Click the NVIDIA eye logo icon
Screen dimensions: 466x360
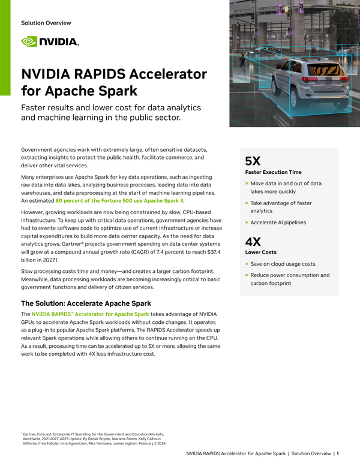tap(29, 42)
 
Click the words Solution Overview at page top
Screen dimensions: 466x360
tap(46, 23)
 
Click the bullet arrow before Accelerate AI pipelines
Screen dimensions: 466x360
tap(247, 223)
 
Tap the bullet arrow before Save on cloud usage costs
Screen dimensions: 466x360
tap(247, 264)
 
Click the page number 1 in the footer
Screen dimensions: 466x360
tap(338, 453)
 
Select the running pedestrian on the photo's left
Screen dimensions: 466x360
tap(242, 62)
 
